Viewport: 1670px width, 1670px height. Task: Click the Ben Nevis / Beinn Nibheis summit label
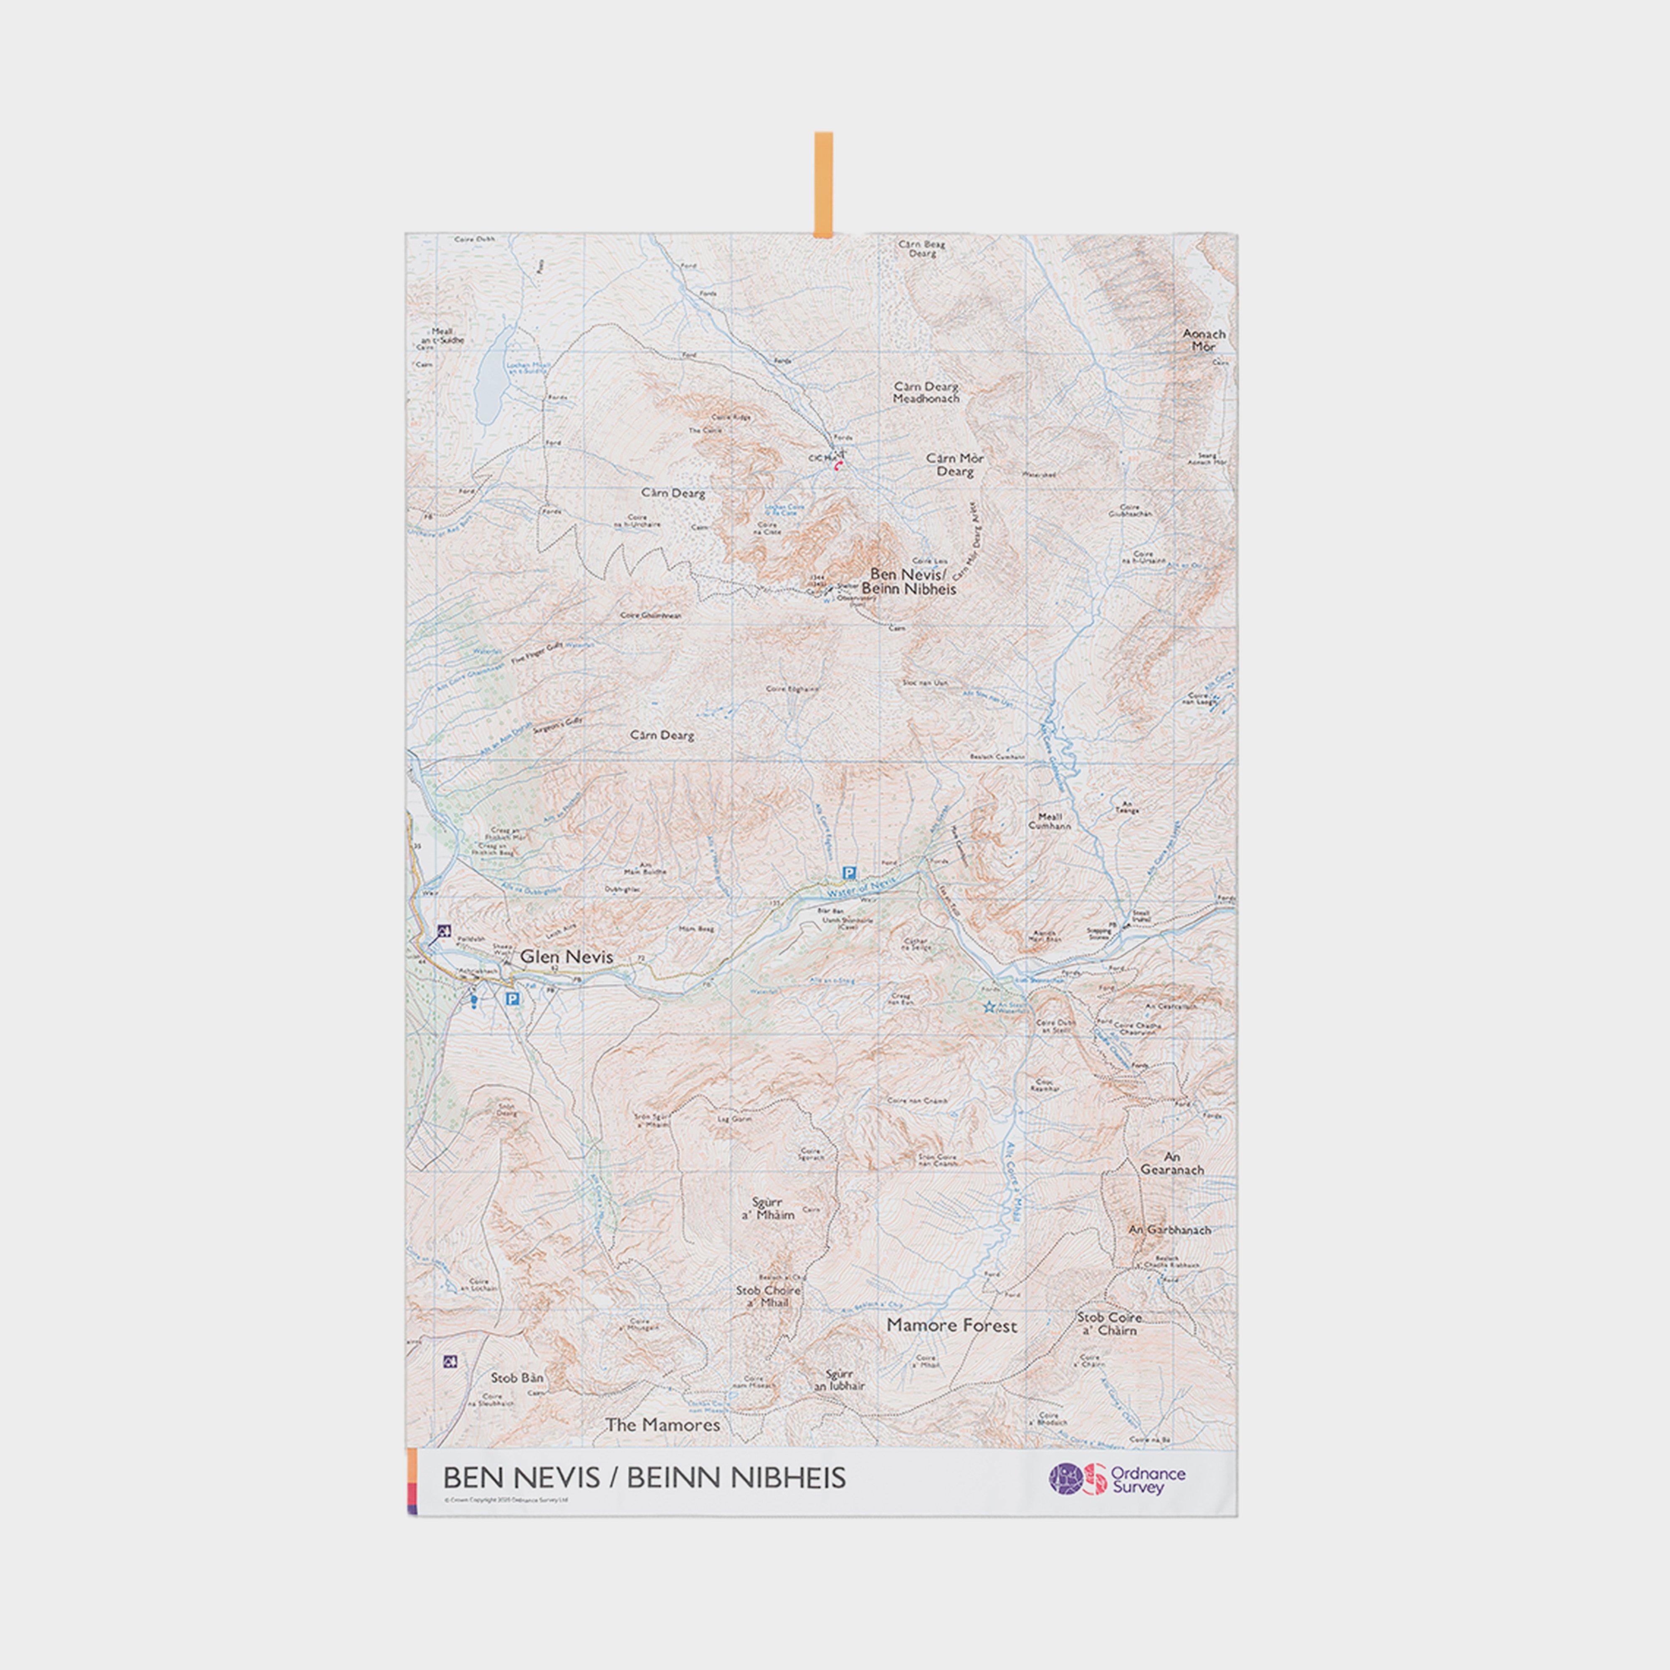[x=908, y=581]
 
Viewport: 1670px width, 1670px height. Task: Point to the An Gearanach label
[x=1172, y=1163]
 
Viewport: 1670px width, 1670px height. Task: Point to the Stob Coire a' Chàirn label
[x=1109, y=1323]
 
